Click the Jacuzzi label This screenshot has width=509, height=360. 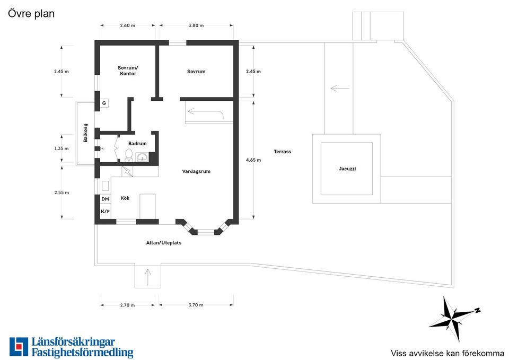click(347, 169)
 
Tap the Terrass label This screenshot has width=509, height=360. click(283, 152)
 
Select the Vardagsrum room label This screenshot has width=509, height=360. click(196, 171)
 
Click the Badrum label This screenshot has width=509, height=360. click(137, 144)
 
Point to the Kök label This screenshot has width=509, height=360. click(125, 198)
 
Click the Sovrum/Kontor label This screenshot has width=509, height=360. click(128, 71)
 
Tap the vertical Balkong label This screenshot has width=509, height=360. click(85, 133)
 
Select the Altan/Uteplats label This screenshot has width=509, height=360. click(164, 243)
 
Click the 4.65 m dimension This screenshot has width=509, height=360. click(253, 160)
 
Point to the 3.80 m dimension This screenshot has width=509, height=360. click(196, 25)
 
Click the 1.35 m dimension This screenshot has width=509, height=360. click(62, 148)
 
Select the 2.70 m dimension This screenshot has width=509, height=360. click(127, 305)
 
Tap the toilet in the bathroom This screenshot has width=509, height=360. click(129, 155)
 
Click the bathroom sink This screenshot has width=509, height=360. click(142, 157)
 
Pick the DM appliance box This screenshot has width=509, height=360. click(105, 199)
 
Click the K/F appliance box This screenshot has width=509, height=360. click(105, 212)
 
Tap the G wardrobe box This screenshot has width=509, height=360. click(104, 103)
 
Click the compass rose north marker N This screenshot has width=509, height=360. click(478, 310)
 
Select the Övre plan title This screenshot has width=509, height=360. click(31, 14)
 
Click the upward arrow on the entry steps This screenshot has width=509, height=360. click(148, 277)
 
